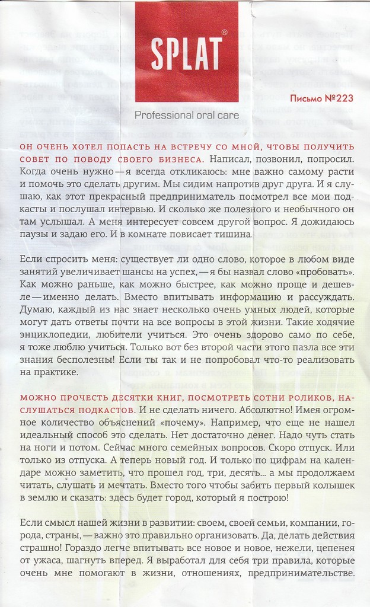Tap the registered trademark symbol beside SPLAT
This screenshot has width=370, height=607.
tap(223, 33)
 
